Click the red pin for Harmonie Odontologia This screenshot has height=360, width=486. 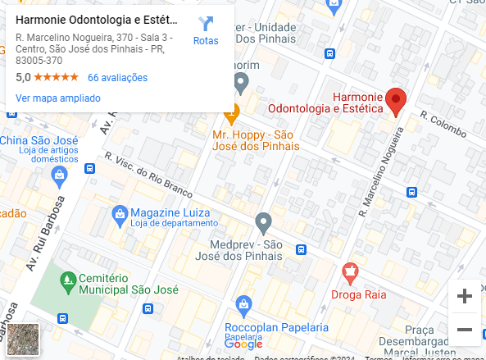[x=397, y=101]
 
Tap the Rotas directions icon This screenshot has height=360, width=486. [x=206, y=25]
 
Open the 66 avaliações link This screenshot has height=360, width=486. [x=117, y=78]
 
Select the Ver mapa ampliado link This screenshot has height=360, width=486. [x=57, y=98]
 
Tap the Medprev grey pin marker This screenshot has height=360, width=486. [x=263, y=221]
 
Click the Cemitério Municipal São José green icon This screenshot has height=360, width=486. [x=69, y=280]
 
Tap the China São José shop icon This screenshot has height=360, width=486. [x=59, y=174]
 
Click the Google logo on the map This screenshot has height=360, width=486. [x=244, y=344]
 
